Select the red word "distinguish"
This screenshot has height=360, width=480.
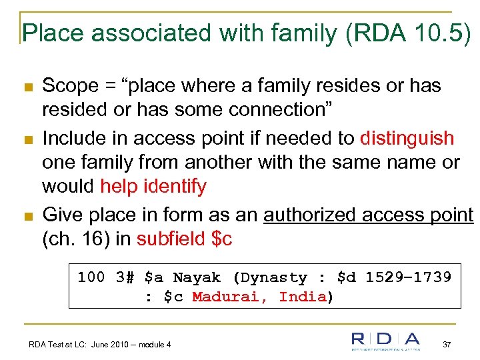pos(407,138)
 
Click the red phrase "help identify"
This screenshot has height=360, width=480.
pos(153,186)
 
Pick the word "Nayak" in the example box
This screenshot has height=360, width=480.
pos(197,277)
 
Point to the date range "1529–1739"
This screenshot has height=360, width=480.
pos(408,277)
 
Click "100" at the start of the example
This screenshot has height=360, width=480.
pos(91,277)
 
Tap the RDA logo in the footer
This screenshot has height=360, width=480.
pos(386,341)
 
